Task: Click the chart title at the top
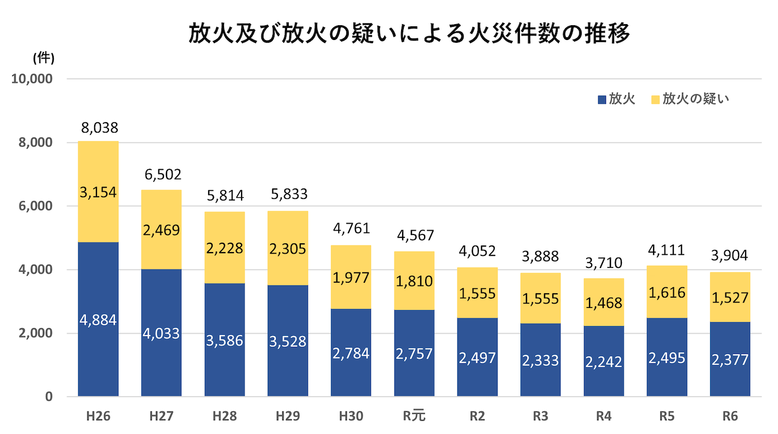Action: tap(409, 34)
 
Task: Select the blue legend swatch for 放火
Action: tap(602, 100)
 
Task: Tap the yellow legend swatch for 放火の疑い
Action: tap(655, 100)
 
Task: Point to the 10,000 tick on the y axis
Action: tap(32, 79)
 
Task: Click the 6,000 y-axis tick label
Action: tap(35, 206)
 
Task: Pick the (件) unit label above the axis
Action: tap(43, 57)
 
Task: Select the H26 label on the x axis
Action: tap(98, 416)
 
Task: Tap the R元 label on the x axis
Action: tap(414, 416)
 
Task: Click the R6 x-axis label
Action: tap(730, 416)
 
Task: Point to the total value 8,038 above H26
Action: tap(99, 128)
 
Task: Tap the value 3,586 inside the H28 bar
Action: tap(225, 340)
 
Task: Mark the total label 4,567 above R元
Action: tap(415, 235)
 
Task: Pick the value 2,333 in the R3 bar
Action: tap(540, 360)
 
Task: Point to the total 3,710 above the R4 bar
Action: tap(603, 263)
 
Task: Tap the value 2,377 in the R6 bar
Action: tap(730, 359)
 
